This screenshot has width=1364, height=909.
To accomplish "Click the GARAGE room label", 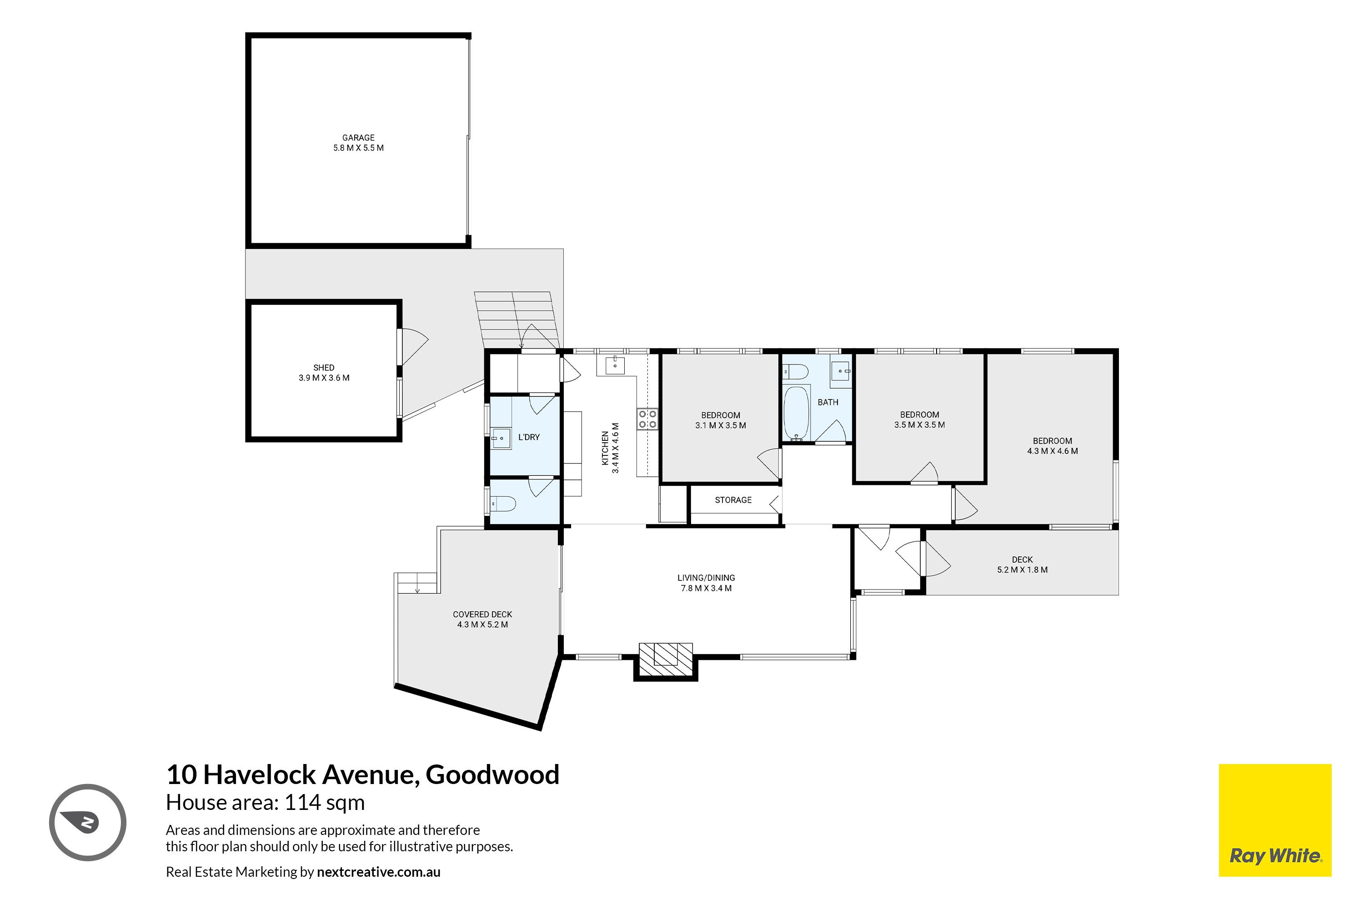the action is [x=358, y=137].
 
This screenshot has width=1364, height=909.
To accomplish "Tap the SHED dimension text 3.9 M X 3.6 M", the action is [x=324, y=378].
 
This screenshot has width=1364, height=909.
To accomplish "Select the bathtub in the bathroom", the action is [x=796, y=413].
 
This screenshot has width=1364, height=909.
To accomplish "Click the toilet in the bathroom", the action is [x=795, y=371].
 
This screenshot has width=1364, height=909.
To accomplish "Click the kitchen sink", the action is [x=615, y=366].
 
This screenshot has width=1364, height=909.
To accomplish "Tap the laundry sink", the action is [x=501, y=439].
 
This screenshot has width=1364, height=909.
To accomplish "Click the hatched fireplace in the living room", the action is [x=665, y=659].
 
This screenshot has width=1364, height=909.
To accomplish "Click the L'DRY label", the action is [x=529, y=437].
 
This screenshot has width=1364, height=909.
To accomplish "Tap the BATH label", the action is [x=827, y=402].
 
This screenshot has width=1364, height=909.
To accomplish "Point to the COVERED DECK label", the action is [x=482, y=614].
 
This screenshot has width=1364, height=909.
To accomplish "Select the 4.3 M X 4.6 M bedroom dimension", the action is [x=1053, y=451].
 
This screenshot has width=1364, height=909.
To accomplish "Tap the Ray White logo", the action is [x=1275, y=820].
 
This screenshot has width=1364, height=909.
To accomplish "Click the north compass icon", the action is [x=88, y=822].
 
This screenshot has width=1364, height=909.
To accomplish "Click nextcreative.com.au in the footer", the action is [x=379, y=872].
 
